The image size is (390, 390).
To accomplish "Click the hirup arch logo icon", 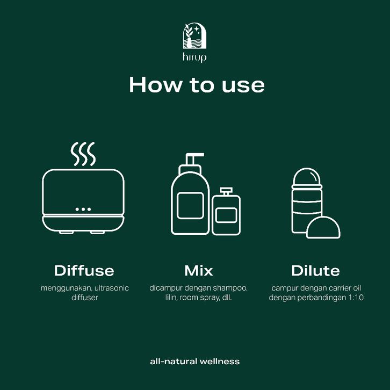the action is pos(195,35).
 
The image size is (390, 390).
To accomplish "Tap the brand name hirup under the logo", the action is pos(194,57).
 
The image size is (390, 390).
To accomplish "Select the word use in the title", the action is pos(243,86).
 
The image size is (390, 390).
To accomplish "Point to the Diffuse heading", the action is pos(84,271).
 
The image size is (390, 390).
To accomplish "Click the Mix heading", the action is pos(198,271).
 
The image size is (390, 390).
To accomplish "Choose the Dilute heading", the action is pos(315,271).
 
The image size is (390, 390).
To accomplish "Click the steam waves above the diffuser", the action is pos(83,154).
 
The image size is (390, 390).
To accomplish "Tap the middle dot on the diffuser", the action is pos(83,209).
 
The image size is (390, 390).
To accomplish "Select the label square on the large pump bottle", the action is pos(191,205).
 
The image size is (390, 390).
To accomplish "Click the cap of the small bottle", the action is pos(226,192).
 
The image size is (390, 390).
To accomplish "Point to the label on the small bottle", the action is pos(226,215).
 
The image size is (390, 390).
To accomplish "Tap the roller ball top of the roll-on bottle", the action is pos(307,177).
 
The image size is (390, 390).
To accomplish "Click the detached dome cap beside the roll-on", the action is pos(323,227).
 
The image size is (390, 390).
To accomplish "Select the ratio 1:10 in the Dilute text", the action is pos(356,298).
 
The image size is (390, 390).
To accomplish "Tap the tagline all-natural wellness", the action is pos(195,362).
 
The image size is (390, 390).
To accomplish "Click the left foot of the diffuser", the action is pos(66,233).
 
